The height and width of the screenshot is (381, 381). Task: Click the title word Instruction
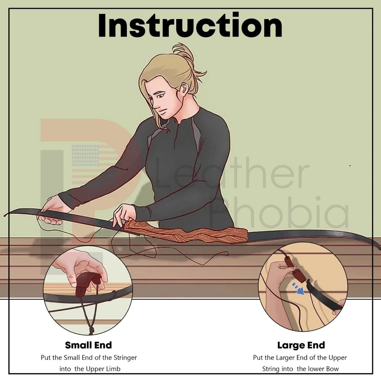coord(190,25)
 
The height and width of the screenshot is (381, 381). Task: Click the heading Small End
coord(89,345)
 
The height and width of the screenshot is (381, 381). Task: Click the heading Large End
coord(301,345)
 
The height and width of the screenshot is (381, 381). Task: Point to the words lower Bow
coord(317,369)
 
